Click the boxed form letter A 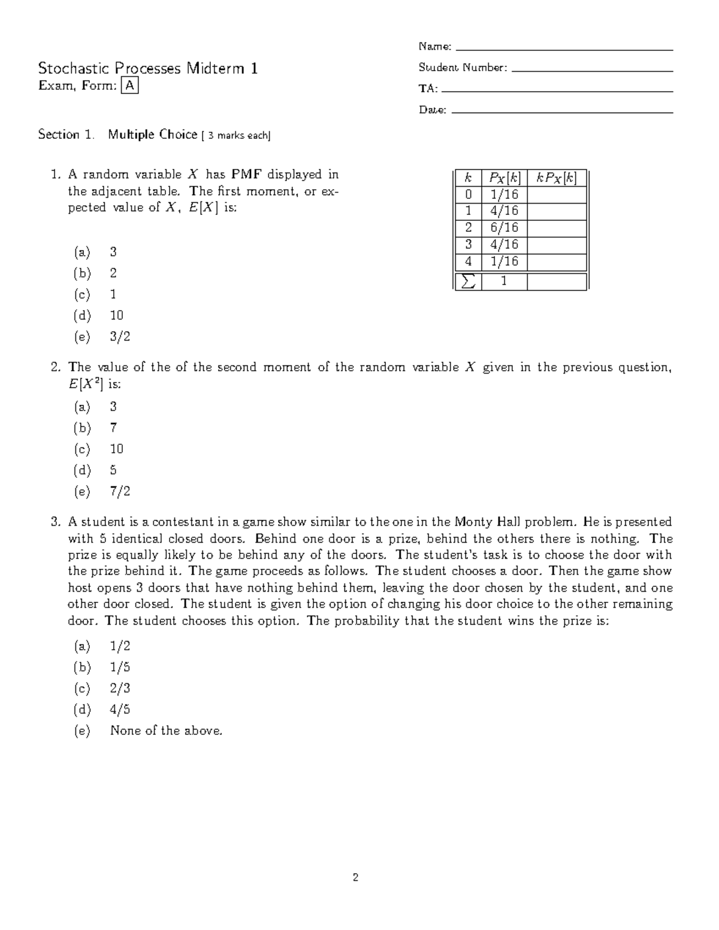click(129, 86)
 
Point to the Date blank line click(561, 112)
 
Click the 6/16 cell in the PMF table click(504, 228)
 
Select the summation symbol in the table click(469, 281)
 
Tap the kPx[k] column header click(557, 178)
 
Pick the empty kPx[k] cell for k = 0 click(557, 195)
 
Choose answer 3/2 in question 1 click(120, 337)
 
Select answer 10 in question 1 click(117, 316)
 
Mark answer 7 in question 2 click(113, 428)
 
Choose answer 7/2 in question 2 click(120, 492)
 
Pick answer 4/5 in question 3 click(120, 710)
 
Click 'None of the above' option click(166, 731)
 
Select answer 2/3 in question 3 click(120, 688)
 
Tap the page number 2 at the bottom click(355, 878)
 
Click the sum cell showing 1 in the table click(504, 281)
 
